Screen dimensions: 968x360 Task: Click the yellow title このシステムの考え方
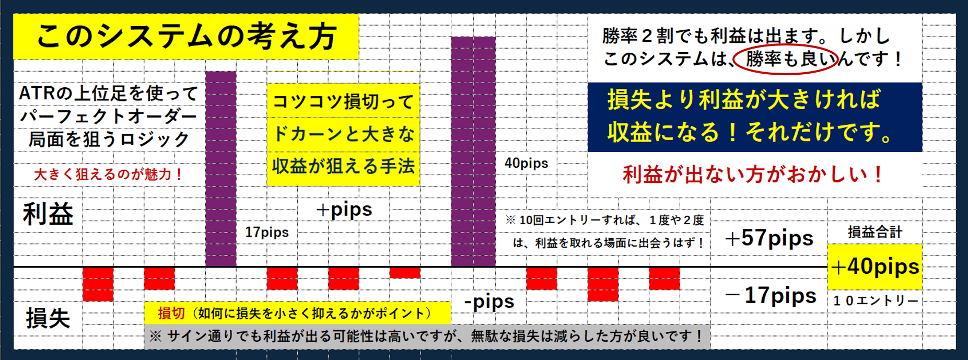point(186,37)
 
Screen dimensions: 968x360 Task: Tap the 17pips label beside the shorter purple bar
point(267,232)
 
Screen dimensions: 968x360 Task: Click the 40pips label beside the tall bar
point(526,163)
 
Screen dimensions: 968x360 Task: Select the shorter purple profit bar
point(220,169)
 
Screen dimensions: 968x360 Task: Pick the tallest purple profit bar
point(473,152)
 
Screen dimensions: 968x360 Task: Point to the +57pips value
point(769,238)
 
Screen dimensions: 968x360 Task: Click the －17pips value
point(771,295)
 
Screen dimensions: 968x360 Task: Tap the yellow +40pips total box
point(875,267)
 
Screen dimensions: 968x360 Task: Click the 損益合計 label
point(875,231)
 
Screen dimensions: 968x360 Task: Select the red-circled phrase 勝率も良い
point(786,59)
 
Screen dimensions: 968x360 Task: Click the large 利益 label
point(48,214)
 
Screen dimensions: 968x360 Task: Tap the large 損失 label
point(48,318)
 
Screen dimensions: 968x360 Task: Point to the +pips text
point(344,210)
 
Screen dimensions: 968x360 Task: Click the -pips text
point(489,301)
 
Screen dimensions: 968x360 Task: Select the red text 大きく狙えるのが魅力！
point(109,174)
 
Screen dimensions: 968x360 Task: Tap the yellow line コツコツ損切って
point(343,101)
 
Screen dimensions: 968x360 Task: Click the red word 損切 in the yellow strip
point(171,313)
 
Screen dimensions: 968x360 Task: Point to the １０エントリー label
point(876,300)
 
